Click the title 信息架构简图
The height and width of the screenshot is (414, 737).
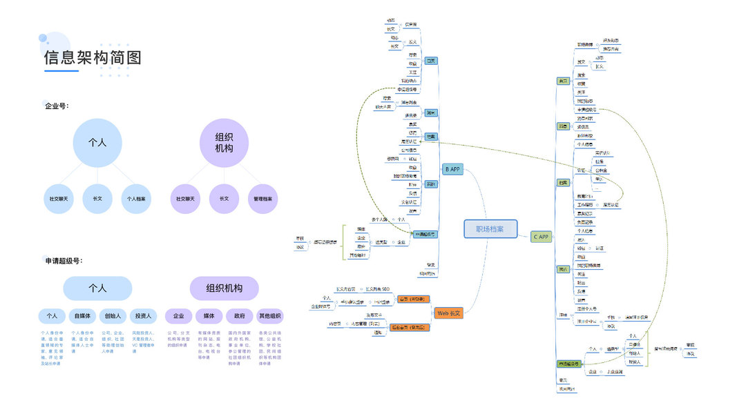(93, 58)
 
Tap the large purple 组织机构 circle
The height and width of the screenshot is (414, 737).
(224, 143)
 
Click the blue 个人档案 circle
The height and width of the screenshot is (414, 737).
(136, 199)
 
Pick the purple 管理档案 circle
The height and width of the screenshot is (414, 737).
(262, 199)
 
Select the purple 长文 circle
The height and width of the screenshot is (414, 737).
(224, 199)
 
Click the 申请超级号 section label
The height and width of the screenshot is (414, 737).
(64, 261)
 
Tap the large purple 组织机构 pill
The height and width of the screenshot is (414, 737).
(224, 288)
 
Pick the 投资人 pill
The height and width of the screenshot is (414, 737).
(143, 316)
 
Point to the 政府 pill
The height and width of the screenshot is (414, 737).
(239, 316)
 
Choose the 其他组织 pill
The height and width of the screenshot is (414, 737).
(269, 316)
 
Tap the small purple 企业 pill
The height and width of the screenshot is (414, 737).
(178, 316)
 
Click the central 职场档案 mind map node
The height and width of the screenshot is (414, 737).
(490, 229)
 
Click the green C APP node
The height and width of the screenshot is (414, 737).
(541, 237)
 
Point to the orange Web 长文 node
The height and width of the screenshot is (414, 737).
(449, 313)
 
